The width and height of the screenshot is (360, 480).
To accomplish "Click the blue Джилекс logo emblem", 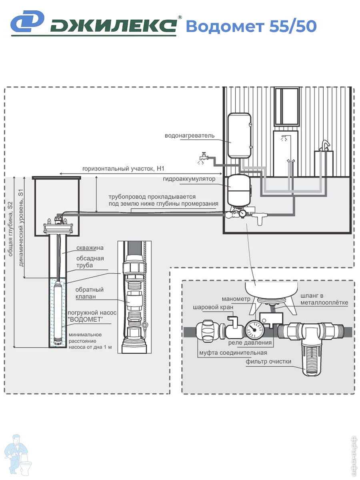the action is click(x=27, y=21).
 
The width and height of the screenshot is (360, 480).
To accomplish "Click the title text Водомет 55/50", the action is click(x=251, y=26).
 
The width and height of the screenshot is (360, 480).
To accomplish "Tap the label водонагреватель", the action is click(x=190, y=136).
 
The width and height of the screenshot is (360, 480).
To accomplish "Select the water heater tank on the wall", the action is click(x=239, y=135).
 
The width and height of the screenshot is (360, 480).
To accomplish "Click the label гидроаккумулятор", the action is click(x=189, y=179).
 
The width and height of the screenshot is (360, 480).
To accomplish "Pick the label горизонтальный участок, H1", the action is click(x=123, y=169).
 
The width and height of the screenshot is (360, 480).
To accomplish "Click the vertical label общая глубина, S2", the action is click(x=10, y=229).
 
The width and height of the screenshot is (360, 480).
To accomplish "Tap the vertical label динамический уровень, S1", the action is click(x=21, y=228).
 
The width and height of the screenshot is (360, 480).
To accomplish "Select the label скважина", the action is click(x=90, y=248).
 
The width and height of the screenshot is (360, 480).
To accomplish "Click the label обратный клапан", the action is click(x=89, y=293).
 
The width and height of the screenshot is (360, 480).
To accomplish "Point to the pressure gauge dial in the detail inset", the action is click(x=254, y=330).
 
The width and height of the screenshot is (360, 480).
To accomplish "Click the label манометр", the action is click(x=236, y=299).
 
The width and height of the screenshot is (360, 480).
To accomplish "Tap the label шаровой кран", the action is click(x=213, y=307).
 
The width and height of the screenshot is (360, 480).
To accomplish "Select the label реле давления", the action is click(x=250, y=343).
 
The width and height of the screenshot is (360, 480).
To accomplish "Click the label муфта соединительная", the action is click(x=233, y=353).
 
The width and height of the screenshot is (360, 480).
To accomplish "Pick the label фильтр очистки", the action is click(x=268, y=362).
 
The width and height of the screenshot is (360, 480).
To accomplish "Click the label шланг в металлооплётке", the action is click(x=324, y=299).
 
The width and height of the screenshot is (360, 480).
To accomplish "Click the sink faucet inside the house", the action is click(x=325, y=146).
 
